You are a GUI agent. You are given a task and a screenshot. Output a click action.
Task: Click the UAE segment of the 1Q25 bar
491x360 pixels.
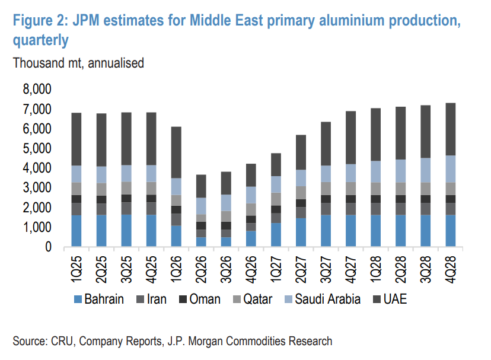85,139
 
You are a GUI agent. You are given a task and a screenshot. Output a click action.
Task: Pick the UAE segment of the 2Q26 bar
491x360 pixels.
201,186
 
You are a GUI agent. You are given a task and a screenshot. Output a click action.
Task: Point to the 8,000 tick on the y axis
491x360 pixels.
37,89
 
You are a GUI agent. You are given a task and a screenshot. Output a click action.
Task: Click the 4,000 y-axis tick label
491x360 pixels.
37,168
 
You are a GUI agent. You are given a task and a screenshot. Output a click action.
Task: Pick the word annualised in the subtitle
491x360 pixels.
116,62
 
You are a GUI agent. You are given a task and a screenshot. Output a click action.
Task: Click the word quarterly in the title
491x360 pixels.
40,41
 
